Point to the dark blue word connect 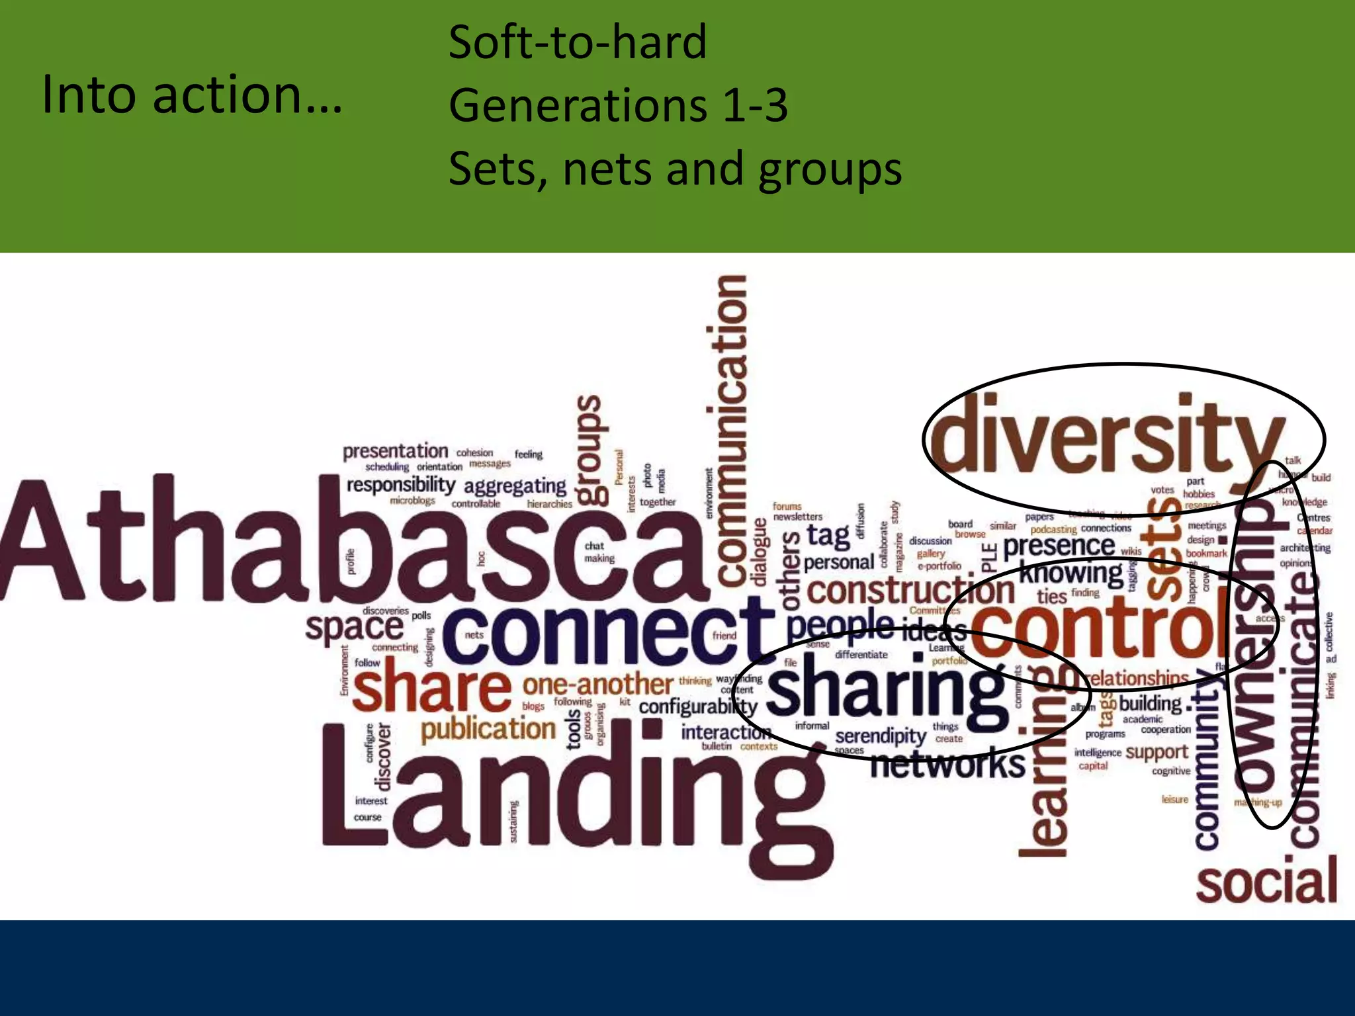pos(605,635)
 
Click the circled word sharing pos(887,691)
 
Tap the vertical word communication pos(731,430)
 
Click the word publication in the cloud pos(488,730)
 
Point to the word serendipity pos(880,736)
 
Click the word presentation pos(395,452)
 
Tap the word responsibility pos(401,485)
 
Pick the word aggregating pos(515,487)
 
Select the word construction pos(910,591)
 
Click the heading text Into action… pos(192,94)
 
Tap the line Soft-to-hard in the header pos(578,42)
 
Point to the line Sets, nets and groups pos(675,168)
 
